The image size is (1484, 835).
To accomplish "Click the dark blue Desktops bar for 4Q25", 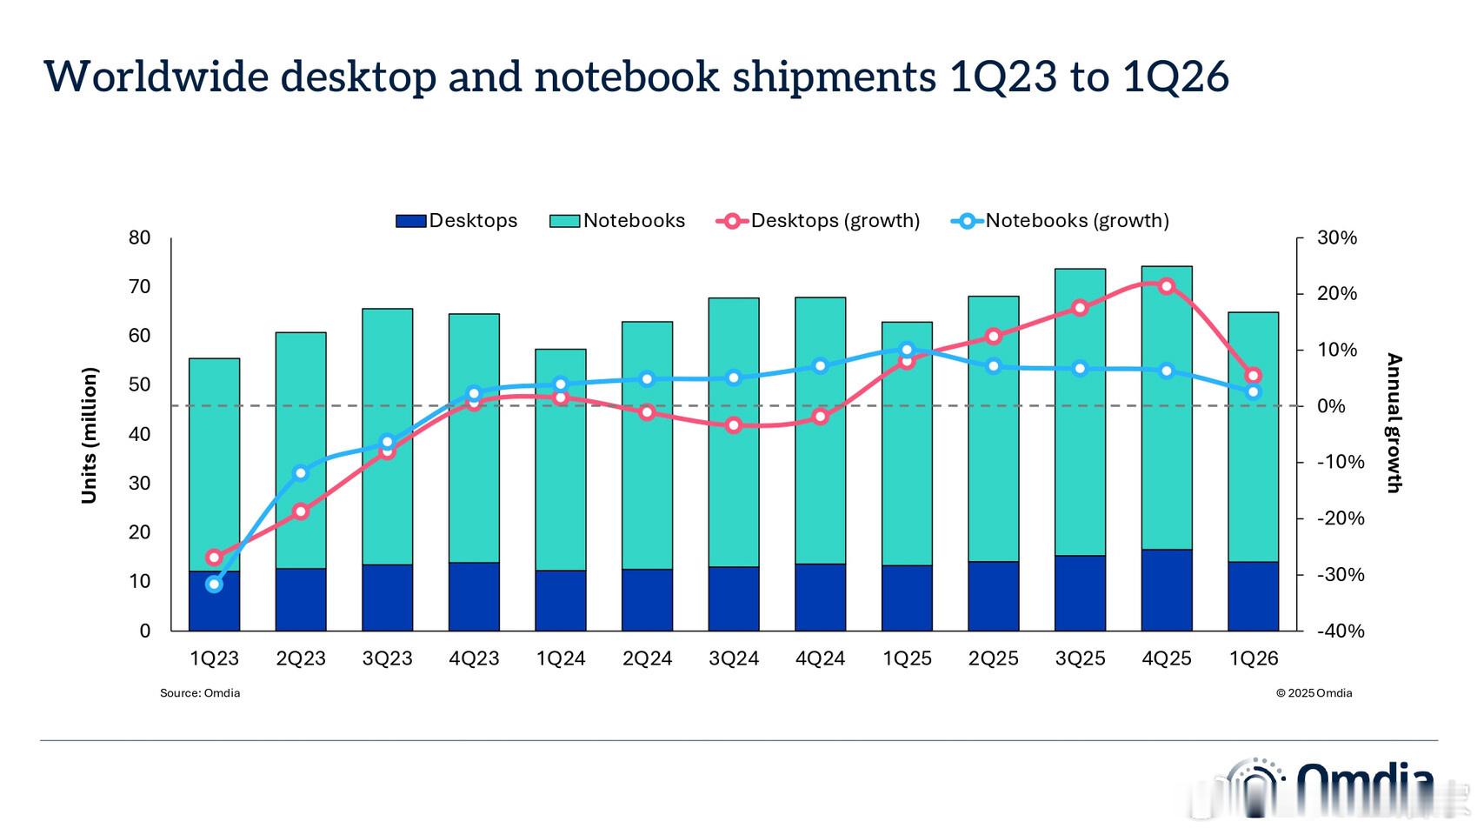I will point(1166,590).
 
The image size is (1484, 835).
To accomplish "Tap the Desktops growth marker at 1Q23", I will point(215,558).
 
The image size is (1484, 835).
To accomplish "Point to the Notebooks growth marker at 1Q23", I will point(215,584).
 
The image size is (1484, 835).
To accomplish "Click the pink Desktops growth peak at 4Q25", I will point(1166,286).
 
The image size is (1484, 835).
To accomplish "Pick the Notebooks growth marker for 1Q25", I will point(907,350).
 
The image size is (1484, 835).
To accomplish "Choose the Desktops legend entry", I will point(456,221).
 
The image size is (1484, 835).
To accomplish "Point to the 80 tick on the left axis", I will point(140,237).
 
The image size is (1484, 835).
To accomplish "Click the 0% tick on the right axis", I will point(1331,406).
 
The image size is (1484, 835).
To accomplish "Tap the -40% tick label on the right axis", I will point(1340,631).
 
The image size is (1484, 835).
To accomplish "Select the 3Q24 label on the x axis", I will point(734,659).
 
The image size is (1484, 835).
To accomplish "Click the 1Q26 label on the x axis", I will point(1253,659).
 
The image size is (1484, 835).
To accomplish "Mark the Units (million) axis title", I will point(90,435).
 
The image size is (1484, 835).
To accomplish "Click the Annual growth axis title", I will point(1394,423).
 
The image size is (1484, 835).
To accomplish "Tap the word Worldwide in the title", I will point(156,77).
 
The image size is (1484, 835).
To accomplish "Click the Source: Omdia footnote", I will point(200,693).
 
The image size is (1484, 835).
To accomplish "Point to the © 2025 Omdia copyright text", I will point(1314,693).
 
